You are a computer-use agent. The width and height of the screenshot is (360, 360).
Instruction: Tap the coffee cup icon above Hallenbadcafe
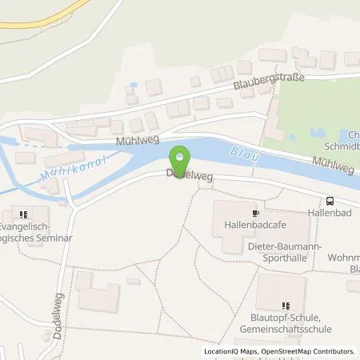click(255, 214)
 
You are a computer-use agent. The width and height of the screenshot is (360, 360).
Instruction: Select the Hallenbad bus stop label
click(330, 214)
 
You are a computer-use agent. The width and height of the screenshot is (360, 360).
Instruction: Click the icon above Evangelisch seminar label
click(23, 214)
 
